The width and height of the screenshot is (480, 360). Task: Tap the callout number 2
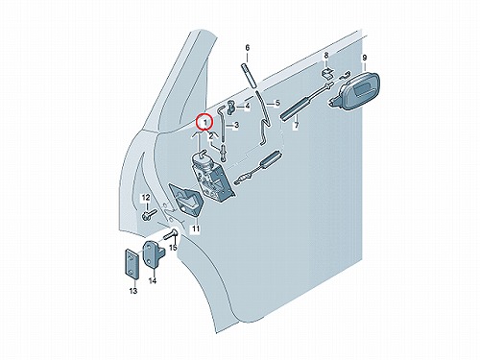pyautogui.click(x=211, y=137)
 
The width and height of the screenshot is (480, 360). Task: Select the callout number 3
pyautogui.click(x=236, y=125)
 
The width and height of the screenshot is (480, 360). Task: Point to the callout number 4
pyautogui.click(x=248, y=106)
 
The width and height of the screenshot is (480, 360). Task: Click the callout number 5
pyautogui.click(x=277, y=103)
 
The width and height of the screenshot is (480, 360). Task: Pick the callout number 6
pyautogui.click(x=248, y=48)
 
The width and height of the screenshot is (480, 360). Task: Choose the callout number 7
pyautogui.click(x=297, y=125)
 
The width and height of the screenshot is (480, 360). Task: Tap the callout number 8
pyautogui.click(x=326, y=56)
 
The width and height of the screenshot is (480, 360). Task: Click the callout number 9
pyautogui.click(x=364, y=58)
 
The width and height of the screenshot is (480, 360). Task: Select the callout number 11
pyautogui.click(x=196, y=228)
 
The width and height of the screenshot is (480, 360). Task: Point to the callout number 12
pyautogui.click(x=146, y=197)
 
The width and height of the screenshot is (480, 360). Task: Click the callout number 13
pyautogui.click(x=133, y=291)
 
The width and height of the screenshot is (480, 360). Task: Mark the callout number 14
pyautogui.click(x=153, y=281)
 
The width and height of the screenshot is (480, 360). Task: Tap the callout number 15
pyautogui.click(x=173, y=248)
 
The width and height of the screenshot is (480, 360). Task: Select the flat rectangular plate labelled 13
pyautogui.click(x=131, y=265)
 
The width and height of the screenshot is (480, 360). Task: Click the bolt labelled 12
pyautogui.click(x=149, y=215)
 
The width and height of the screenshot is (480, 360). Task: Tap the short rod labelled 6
pyautogui.click(x=248, y=76)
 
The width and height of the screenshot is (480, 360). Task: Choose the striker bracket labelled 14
pyautogui.click(x=153, y=253)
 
